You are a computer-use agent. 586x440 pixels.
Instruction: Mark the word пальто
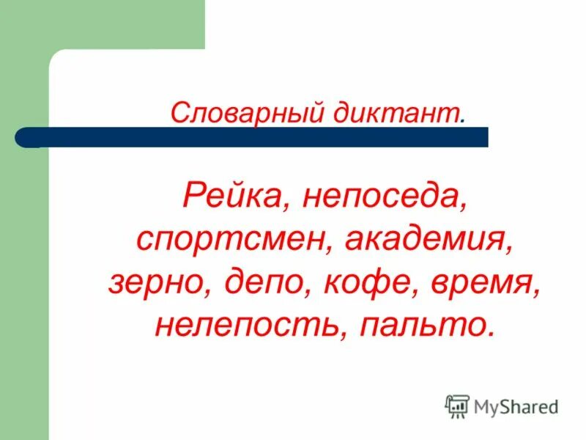[x=420, y=323]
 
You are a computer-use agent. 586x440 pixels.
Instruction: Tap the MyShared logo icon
[x=457, y=406]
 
